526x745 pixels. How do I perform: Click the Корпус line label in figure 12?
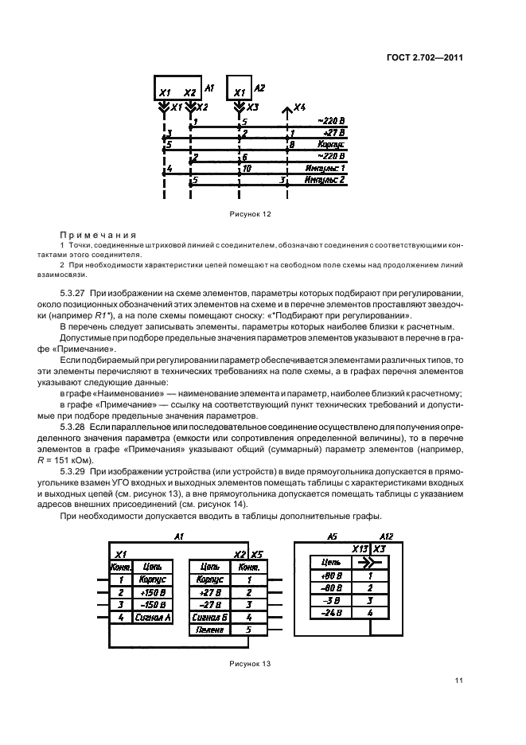(330, 146)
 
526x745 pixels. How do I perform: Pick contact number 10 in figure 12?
(247, 169)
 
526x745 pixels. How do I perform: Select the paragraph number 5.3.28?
(76, 427)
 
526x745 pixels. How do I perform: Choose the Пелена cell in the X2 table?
(210, 629)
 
